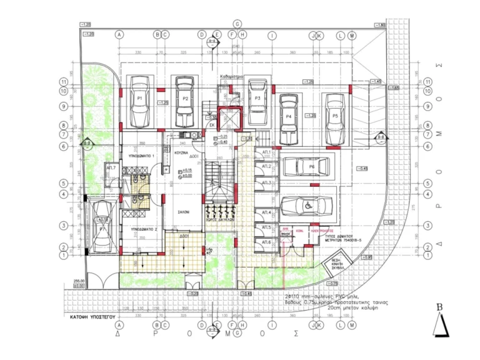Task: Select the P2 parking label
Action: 186,99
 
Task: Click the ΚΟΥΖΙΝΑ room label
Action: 181,152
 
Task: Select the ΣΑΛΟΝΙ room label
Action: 182,212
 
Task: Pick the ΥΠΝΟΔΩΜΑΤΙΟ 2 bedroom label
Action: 142,229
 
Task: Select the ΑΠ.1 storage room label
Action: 265,152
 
